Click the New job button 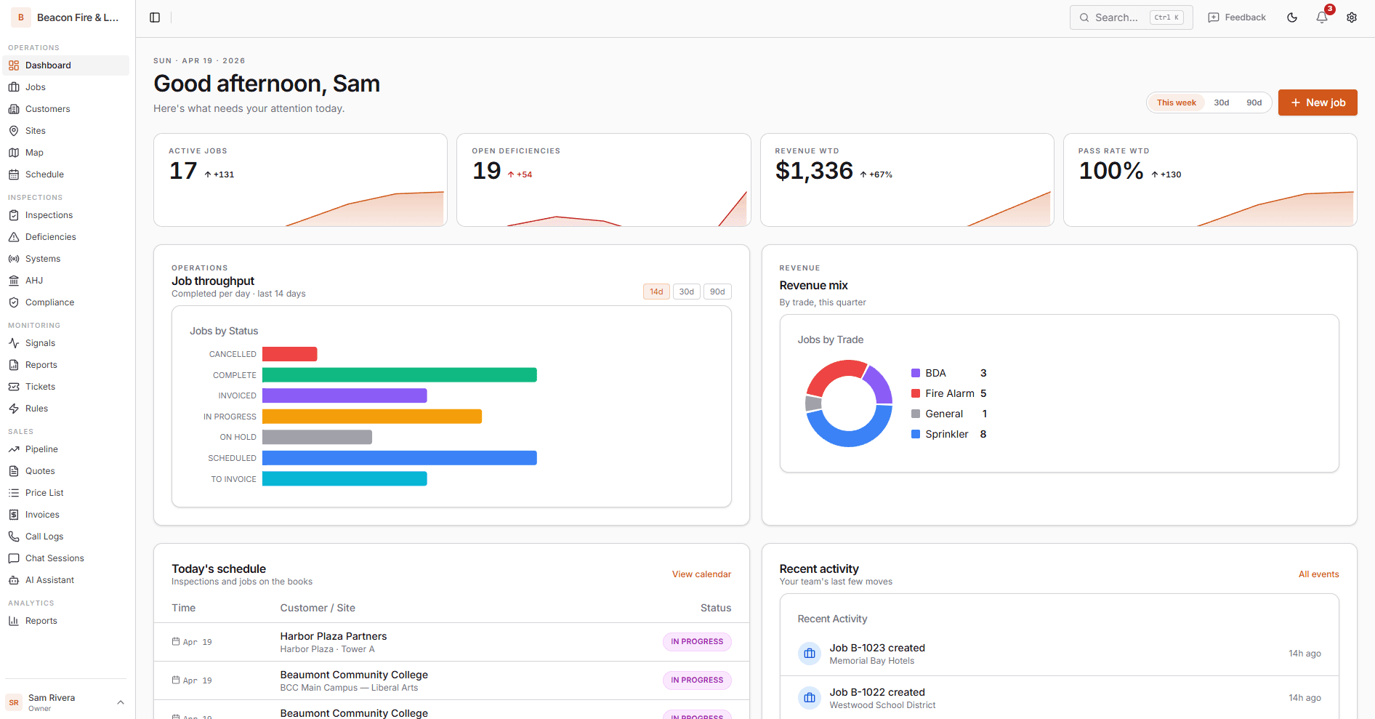pos(1317,103)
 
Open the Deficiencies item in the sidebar pos(50,237)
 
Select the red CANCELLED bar pos(289,354)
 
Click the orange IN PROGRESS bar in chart pos(371,417)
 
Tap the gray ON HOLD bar pos(317,437)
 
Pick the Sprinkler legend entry pos(946,434)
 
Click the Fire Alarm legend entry pos(948,393)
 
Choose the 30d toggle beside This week pos(1221,103)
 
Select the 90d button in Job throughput pos(717,292)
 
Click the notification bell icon pos(1321,17)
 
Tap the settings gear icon pos(1351,17)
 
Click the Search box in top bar pos(1130,17)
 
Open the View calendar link pos(701,574)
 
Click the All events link pos(1318,574)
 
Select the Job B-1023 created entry pos(876,648)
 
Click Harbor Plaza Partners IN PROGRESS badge pos(696,642)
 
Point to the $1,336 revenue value pos(813,171)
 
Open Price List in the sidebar pos(44,493)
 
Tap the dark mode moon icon pos(1291,17)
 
